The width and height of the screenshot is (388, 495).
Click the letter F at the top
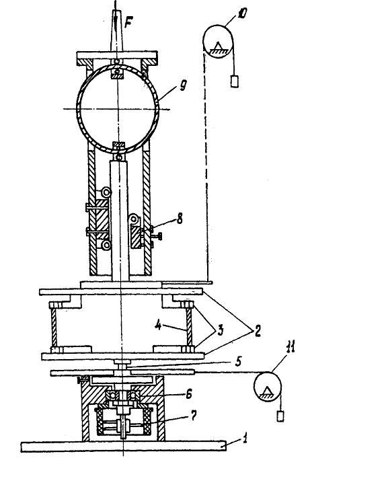click(x=128, y=22)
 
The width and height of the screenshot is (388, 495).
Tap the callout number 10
click(x=242, y=13)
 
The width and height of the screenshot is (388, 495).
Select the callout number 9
click(x=183, y=85)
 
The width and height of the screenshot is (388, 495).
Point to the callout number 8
click(x=180, y=218)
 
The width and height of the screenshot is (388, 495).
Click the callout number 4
click(x=159, y=325)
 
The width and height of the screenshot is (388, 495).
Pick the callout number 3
click(x=220, y=330)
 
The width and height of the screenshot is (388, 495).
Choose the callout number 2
click(x=258, y=332)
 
